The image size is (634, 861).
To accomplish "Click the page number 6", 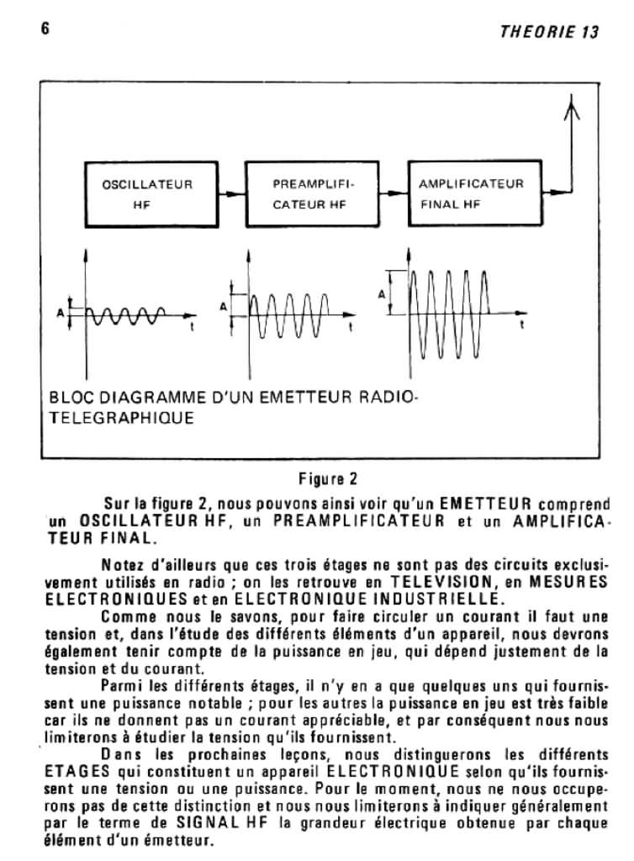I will pyautogui.click(x=44, y=27).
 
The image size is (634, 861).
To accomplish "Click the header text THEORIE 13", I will pyautogui.click(x=549, y=32).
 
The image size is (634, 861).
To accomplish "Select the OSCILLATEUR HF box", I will pyautogui.click(x=146, y=194).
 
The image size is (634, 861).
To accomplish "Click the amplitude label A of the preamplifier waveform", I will pyautogui.click(x=224, y=306).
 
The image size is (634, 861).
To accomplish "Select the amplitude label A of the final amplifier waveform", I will pyautogui.click(x=383, y=294).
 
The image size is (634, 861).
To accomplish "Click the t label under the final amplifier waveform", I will pyautogui.click(x=523, y=324).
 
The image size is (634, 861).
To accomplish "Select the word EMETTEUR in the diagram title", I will pyautogui.click(x=305, y=398).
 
